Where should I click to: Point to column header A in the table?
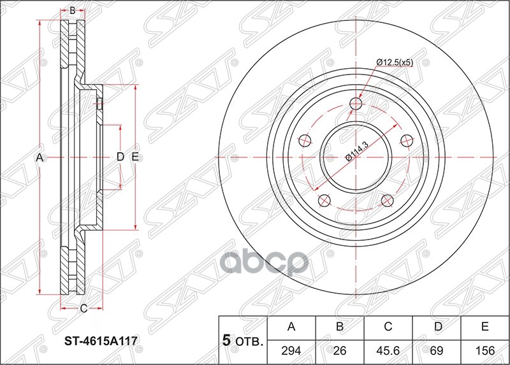tap(291, 328)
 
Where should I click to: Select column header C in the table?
tap(388, 328)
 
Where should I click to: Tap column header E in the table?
tap(484, 328)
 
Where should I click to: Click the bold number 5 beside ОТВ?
tap(226, 341)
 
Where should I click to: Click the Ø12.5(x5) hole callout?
tap(395, 62)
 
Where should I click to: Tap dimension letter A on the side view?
tap(39, 157)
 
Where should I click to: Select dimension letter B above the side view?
tap(73, 11)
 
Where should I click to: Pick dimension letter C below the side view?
tap(84, 309)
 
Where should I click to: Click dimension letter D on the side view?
tap(120, 157)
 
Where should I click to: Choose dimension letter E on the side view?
tap(135, 157)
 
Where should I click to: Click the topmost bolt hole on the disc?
tap(356, 104)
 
